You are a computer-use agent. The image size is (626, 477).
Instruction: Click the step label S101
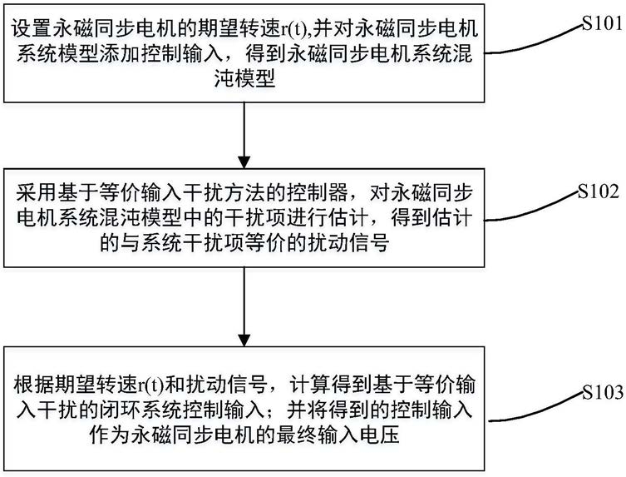pos(602,23)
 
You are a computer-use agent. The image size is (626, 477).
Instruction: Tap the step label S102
pos(599,192)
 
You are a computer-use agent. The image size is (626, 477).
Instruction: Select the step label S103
pos(603,391)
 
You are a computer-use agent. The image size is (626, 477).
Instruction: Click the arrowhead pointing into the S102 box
pos(244,161)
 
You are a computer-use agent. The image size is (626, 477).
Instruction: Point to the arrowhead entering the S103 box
pos(244,339)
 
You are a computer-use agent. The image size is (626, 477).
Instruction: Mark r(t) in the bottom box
pos(151,385)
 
